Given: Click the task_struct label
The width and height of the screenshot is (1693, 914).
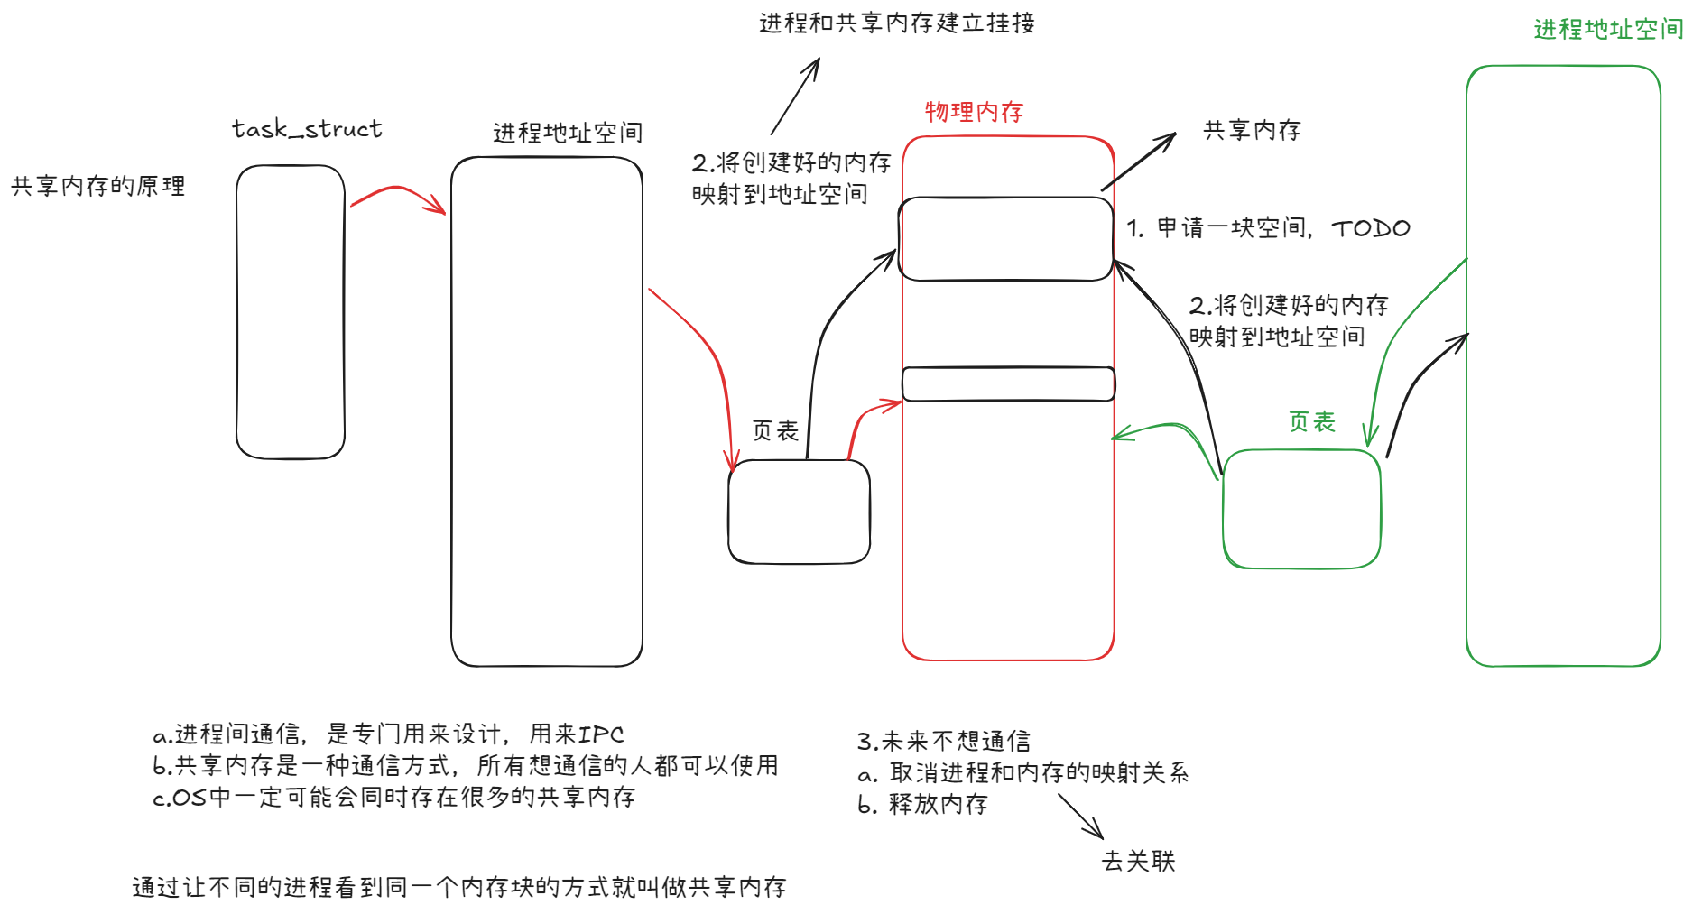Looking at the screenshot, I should [307, 129].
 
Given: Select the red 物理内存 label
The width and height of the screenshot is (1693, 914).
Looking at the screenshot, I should [974, 112].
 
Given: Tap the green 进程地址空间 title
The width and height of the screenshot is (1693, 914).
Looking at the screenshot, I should [1608, 30].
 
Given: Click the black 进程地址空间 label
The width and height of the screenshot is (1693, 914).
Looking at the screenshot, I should [568, 134].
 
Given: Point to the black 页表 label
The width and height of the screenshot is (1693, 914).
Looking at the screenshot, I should [775, 430].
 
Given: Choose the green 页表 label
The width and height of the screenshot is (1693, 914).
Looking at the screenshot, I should [1311, 421].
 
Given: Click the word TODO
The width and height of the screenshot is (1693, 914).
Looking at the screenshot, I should [1370, 228].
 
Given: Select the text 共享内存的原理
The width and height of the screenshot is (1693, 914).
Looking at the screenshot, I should [97, 186].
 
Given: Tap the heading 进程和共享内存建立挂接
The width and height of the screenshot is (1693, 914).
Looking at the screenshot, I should [896, 23].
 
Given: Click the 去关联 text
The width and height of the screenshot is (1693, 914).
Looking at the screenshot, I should [1138, 862].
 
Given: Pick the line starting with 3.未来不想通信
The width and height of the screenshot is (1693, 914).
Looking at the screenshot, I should [943, 742].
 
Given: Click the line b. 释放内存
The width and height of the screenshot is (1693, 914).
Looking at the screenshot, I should [922, 804].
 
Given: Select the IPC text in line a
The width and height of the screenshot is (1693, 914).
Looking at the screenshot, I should [600, 734].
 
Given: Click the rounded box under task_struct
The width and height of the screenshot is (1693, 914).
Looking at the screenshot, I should [290, 311].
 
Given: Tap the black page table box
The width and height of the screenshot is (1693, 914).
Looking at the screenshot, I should [799, 512].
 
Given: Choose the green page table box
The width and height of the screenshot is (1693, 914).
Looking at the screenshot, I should [1301, 509].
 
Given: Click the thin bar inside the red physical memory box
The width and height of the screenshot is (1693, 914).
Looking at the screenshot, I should [1008, 383].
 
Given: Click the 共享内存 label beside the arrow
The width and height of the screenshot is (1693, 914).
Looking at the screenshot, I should [1252, 130].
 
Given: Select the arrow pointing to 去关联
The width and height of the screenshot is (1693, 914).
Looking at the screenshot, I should [1080, 817].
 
